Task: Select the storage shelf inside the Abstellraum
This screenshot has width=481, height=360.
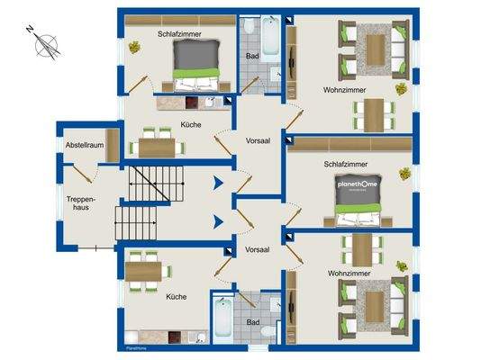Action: [x=113, y=145]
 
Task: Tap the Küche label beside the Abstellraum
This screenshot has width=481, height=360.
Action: [x=190, y=125]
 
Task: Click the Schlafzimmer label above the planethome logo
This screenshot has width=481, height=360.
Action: [x=346, y=165]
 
